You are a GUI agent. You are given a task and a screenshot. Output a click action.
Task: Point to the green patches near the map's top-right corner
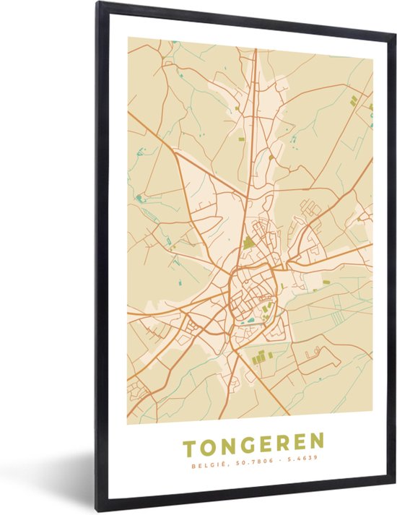pos(354,100)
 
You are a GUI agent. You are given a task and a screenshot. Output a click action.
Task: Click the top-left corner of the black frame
pos(98,4)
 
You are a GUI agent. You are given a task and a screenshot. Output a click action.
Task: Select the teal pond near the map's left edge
pos(139,197)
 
